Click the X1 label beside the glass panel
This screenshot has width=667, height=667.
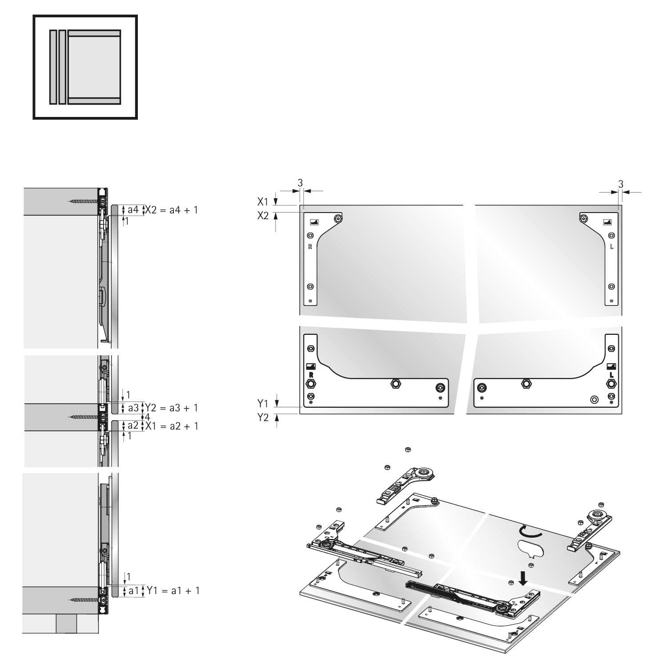[x=263, y=201]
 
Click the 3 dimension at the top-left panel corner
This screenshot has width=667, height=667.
[x=300, y=183]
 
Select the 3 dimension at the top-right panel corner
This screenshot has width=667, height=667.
[x=620, y=183]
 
